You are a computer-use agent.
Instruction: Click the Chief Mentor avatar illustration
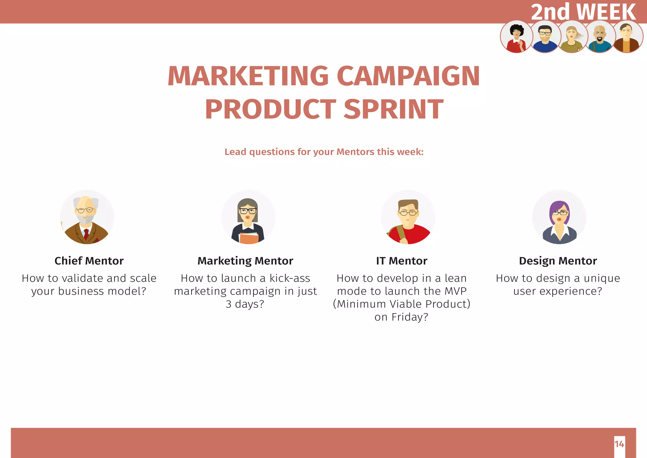pos(87,217)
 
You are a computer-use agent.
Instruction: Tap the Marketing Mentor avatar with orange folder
pos(248,217)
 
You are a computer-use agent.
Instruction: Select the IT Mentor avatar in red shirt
pos(408,217)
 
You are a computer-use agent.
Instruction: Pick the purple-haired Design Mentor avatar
pos(559,217)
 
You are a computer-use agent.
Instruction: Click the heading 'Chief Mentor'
pos(89,261)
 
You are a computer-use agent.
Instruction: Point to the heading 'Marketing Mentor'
pos(245,261)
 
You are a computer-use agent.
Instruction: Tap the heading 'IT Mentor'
pos(402,261)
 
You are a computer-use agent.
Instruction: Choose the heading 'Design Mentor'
pos(558,261)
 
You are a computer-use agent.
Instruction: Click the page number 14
pos(619,444)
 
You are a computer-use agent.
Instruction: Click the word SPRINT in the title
pos(393,109)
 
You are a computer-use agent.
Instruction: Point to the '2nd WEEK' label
pos(583,12)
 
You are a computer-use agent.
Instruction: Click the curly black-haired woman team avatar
pos(516,37)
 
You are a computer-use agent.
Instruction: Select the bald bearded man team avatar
pos(599,37)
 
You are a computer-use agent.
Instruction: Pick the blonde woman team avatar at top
pos(572,37)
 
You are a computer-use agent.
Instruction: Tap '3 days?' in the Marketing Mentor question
pos(245,304)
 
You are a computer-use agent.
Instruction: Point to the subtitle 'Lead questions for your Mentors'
pos(324,152)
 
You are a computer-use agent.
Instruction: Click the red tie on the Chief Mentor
pos(86,234)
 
